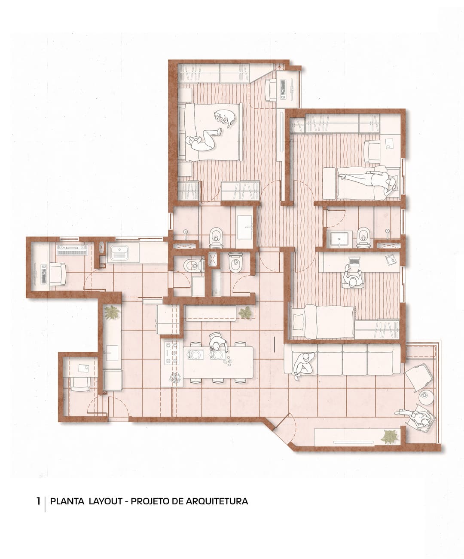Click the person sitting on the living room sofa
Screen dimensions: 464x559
click(x=304, y=365)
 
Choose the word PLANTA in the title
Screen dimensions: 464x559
click(x=67, y=501)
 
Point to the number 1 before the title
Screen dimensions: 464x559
click(x=39, y=501)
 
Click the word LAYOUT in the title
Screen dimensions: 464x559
click(x=106, y=501)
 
